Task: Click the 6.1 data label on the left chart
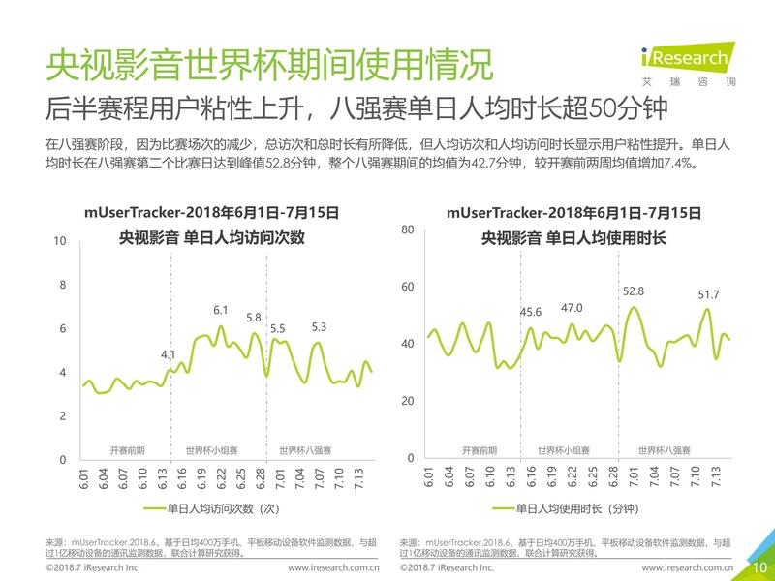tap(220, 310)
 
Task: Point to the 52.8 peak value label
tap(634, 290)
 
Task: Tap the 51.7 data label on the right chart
tap(708, 294)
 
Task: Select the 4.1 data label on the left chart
tap(169, 353)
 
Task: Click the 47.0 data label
tap(573, 308)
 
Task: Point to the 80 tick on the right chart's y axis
tap(408, 229)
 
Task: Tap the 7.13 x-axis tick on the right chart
tap(716, 480)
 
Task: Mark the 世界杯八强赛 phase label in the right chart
tap(665, 450)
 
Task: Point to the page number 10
tap(759, 567)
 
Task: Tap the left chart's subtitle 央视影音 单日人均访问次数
tap(211, 236)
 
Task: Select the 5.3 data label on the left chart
tap(319, 327)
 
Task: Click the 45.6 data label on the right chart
tap(532, 311)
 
